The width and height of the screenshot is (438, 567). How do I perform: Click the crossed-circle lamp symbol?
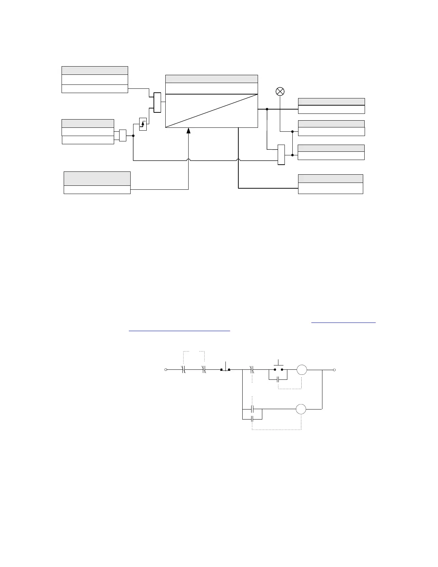point(280,91)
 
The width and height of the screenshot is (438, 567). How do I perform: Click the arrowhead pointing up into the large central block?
point(188,131)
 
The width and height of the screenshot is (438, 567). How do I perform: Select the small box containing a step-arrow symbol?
point(143,124)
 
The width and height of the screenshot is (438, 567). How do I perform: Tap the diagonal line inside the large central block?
point(211,111)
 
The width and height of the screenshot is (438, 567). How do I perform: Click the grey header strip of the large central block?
point(211,79)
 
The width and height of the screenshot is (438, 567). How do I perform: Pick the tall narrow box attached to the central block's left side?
point(157,102)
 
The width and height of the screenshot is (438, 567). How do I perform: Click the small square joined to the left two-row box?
point(123,135)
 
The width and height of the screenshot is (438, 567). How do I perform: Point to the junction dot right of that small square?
point(133,136)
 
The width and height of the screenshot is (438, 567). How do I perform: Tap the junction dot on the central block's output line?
point(267,109)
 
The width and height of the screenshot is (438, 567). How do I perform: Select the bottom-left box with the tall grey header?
point(97,183)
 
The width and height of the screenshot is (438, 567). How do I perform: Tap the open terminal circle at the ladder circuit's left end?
point(166,369)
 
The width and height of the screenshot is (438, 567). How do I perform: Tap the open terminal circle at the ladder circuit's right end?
point(334,369)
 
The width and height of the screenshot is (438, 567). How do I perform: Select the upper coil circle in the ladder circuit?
point(302,369)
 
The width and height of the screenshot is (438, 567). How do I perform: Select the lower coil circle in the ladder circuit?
point(301,409)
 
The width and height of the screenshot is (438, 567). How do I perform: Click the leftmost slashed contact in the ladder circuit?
point(184,369)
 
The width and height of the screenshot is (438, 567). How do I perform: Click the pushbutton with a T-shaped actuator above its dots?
point(278,367)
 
